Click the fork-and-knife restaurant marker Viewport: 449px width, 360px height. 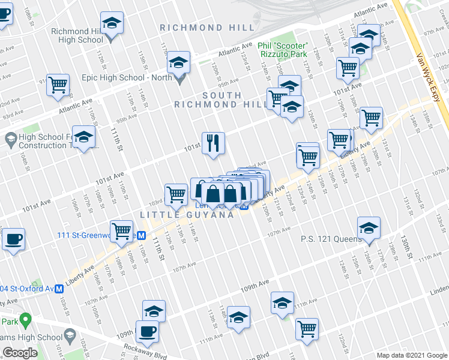pos(213,143)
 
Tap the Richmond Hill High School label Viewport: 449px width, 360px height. pos(77,36)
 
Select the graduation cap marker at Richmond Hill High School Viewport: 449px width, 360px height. pos(112,24)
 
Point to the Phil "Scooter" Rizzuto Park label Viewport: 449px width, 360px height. pos(283,50)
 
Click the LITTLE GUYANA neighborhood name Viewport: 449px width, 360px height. pos(187,215)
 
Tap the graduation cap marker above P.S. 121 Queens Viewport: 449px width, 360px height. pos(369,228)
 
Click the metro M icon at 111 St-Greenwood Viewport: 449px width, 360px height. pos(142,235)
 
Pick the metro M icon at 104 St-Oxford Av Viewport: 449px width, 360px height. pos(59,289)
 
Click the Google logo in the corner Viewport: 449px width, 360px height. pos(20,353)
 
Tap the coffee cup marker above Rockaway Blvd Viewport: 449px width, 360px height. pos(147,331)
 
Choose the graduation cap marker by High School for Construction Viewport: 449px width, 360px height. pos(83,137)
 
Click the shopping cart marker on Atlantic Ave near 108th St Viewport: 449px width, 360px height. pos(58,85)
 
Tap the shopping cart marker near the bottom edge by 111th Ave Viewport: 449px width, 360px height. pos(307,329)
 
